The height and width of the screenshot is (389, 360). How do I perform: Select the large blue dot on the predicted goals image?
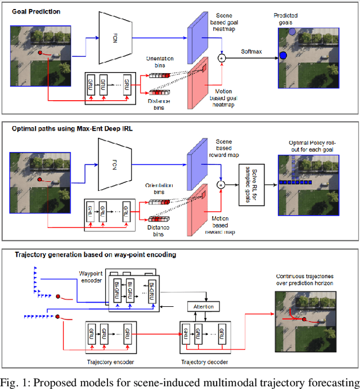tap(283, 55)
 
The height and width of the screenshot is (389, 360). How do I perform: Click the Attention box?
tap(204, 306)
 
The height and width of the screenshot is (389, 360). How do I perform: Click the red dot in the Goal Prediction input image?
tap(40, 53)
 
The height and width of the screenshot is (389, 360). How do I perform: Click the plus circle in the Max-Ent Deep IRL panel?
tap(222, 184)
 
